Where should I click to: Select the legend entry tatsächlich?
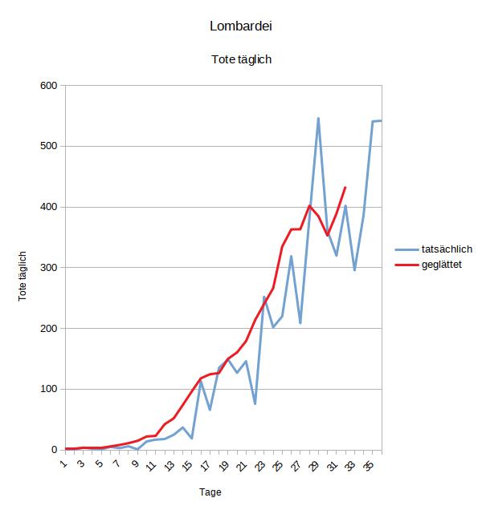446,249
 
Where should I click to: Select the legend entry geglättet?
440,264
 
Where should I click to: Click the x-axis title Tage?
210,492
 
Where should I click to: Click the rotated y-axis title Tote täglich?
23,275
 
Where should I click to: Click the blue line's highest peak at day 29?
318,119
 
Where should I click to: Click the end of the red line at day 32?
345,188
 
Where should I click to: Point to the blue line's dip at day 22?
255,403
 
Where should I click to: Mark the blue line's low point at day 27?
300,322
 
